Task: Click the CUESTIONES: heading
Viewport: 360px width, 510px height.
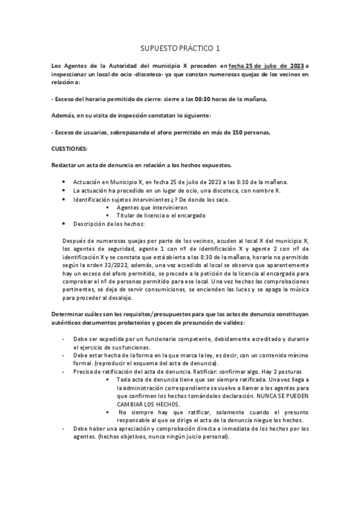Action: (70, 148)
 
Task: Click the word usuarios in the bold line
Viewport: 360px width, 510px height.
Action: (93, 132)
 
